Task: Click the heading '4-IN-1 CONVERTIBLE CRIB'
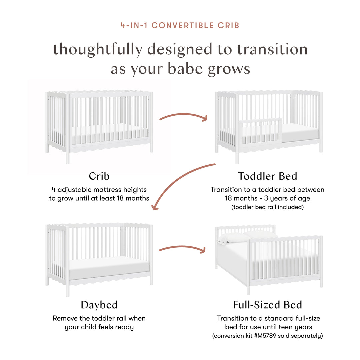(180, 25)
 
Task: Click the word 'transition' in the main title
(272, 49)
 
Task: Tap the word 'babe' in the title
(183, 69)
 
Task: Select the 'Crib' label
(99, 176)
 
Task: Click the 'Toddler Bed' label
(267, 176)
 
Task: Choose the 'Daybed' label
(99, 305)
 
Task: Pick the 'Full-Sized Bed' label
(267, 305)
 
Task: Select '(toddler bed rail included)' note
(267, 207)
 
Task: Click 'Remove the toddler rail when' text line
(99, 318)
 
